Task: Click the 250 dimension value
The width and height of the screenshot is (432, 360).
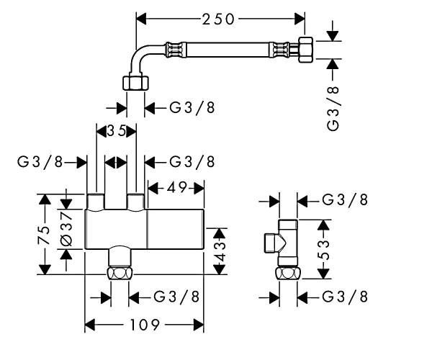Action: (218, 19)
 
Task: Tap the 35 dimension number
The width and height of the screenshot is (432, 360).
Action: (116, 131)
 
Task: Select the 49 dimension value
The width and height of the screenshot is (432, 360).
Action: (176, 188)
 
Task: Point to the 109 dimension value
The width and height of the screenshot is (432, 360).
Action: (145, 325)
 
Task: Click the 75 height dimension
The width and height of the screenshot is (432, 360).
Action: (44, 235)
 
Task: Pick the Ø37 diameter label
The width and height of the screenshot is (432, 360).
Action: (66, 228)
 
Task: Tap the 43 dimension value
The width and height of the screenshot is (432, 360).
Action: (220, 251)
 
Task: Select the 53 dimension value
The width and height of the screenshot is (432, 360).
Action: (323, 250)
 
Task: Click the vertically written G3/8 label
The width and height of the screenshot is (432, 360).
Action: (333, 108)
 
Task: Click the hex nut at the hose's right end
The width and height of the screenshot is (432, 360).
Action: (306, 50)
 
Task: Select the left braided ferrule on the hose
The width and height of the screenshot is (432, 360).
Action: (175, 50)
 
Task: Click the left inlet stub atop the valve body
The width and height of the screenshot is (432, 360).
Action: (96, 202)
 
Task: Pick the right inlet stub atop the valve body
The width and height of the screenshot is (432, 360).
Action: (135, 202)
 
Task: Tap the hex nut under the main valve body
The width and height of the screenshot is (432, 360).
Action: (120, 273)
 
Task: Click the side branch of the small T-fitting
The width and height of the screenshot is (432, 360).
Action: (273, 243)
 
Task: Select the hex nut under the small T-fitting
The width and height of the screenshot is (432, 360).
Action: (288, 273)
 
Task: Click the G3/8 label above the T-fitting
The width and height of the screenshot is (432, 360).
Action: (345, 199)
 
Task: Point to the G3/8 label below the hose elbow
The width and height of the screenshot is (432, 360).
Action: (192, 107)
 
